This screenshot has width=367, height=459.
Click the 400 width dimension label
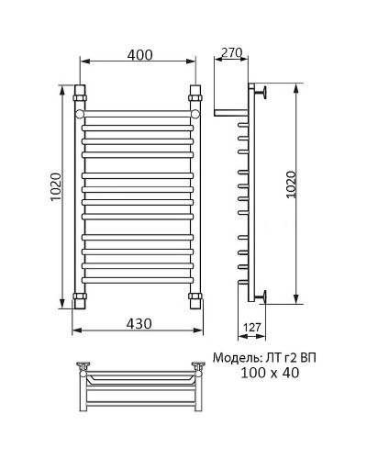139,56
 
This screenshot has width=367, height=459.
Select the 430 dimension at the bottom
139,325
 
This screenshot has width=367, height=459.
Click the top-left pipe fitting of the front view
80,94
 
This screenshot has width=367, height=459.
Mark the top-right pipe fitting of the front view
195,94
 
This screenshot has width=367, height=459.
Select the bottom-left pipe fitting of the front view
80,299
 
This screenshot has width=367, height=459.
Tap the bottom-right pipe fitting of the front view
195,299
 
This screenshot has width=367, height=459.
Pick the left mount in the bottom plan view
84,367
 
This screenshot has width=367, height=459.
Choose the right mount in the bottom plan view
196,367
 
